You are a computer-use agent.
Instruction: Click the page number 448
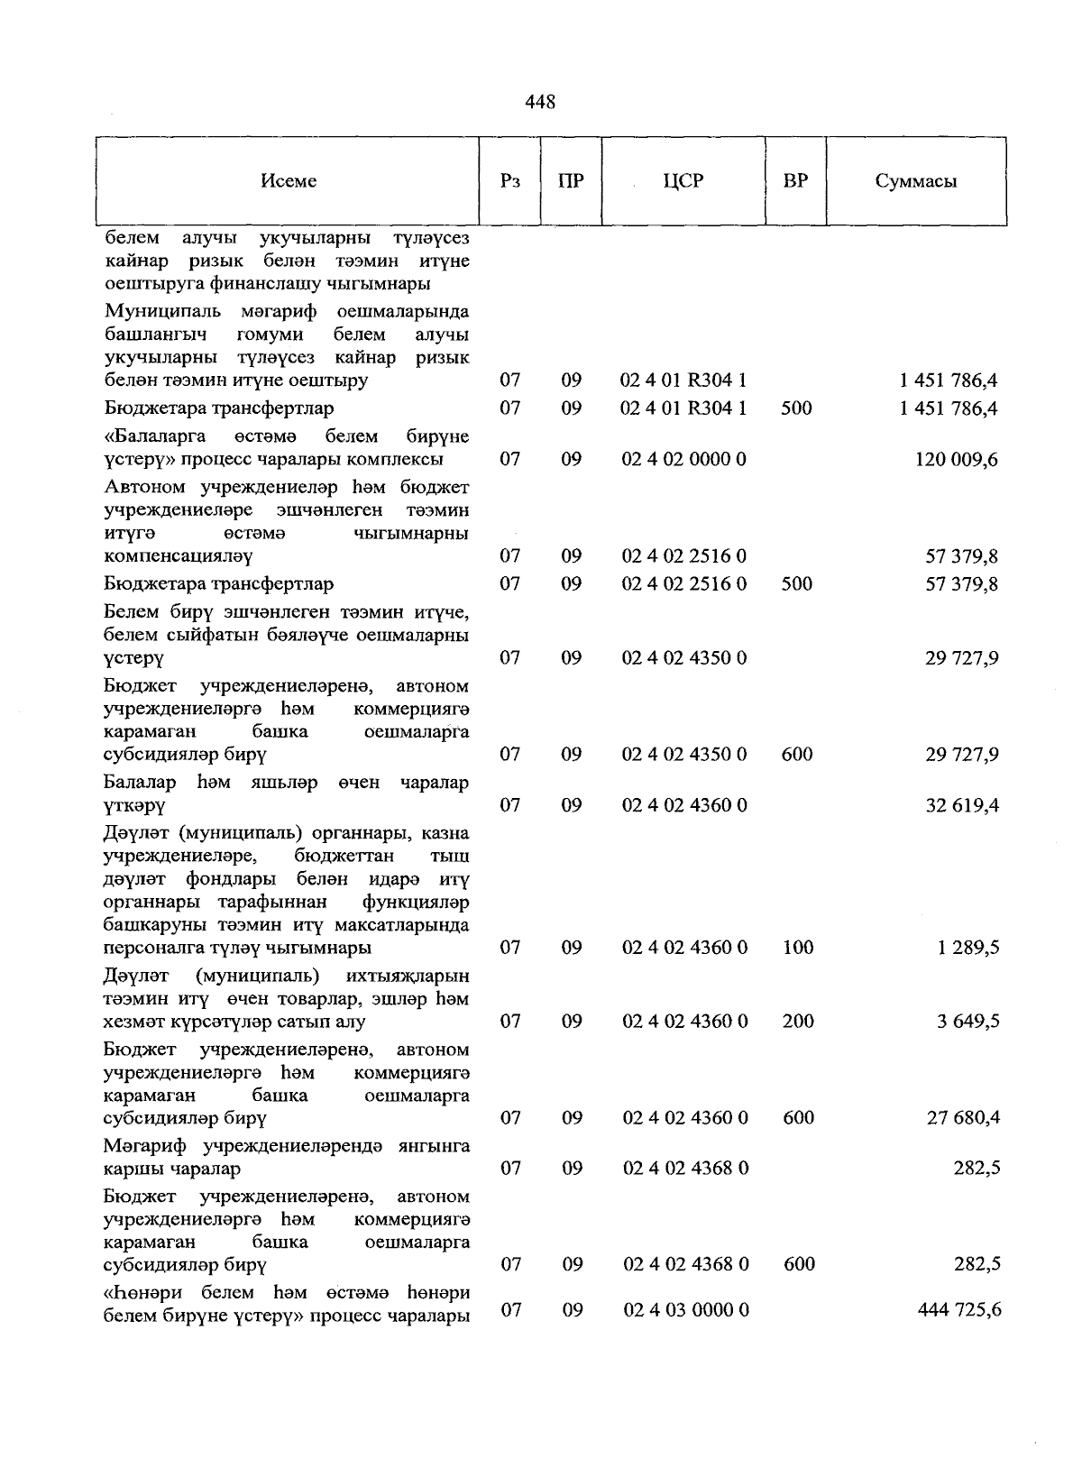coord(540,102)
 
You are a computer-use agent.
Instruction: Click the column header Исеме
coord(289,181)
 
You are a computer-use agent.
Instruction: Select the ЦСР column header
coord(683,181)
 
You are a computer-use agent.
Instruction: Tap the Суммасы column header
coord(915,181)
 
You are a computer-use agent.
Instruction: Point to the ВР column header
coord(795,181)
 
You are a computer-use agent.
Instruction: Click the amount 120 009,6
coord(957,460)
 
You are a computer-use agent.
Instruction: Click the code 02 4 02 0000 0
coord(683,460)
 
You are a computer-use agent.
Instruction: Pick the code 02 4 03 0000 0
coord(685,1310)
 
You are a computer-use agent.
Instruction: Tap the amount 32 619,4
coord(962,805)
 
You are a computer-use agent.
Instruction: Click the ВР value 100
coord(798,948)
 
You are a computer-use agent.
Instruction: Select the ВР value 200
coord(798,1022)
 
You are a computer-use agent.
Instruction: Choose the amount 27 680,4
coord(963,1118)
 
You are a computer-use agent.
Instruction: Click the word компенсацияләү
coord(179,556)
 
